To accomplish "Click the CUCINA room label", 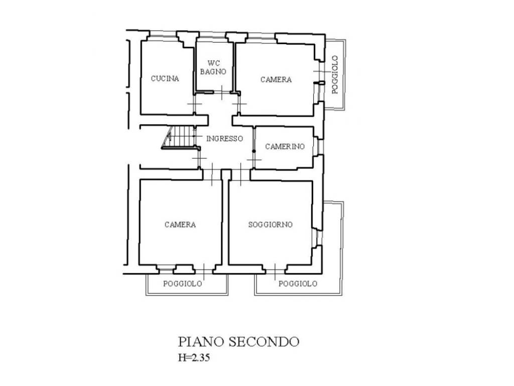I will pyautogui.click(x=165, y=78).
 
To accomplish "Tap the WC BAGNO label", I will pyautogui.click(x=213, y=68).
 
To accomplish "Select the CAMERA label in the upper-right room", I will pyautogui.click(x=276, y=79).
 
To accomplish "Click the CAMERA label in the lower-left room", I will pyautogui.click(x=180, y=225).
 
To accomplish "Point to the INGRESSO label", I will pyautogui.click(x=225, y=139).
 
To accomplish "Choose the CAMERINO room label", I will pyautogui.click(x=285, y=147).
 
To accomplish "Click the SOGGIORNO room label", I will pyautogui.click(x=271, y=225).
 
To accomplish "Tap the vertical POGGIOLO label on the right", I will pyautogui.click(x=335, y=75).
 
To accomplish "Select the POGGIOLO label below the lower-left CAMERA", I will pyautogui.click(x=183, y=283).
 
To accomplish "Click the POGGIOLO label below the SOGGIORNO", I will pyautogui.click(x=298, y=283).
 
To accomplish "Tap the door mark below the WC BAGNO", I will pyautogui.click(x=222, y=92).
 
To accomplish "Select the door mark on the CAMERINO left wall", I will pyautogui.click(x=254, y=160).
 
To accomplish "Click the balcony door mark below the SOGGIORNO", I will pyautogui.click(x=275, y=270).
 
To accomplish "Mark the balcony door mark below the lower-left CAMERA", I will pyautogui.click(x=204, y=269).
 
